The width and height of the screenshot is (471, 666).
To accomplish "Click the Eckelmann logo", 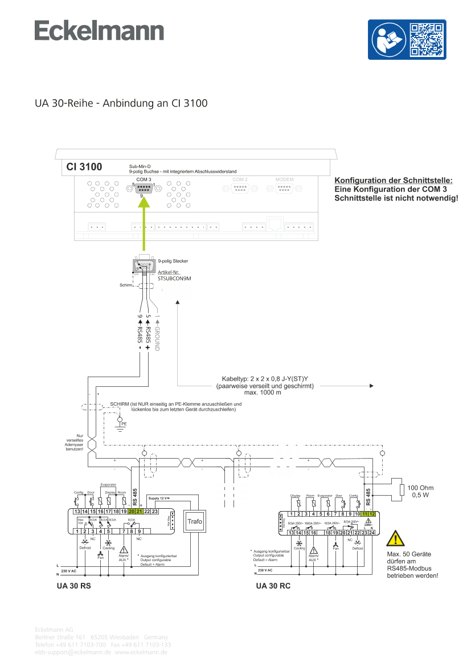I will click(x=100, y=31).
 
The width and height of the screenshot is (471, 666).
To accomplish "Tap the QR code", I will click(x=427, y=39).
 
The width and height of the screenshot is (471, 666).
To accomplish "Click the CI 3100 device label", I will click(x=84, y=167).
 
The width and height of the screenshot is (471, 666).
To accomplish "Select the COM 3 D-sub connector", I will click(x=143, y=189).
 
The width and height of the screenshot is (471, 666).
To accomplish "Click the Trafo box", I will click(x=195, y=521).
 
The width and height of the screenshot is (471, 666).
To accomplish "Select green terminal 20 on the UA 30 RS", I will click(x=131, y=512).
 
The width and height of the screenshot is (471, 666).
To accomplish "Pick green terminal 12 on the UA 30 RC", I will click(x=372, y=514).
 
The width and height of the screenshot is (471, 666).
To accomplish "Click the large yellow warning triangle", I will click(x=395, y=538).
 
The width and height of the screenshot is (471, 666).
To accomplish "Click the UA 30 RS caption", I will click(x=73, y=586).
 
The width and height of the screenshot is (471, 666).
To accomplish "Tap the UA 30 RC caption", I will click(x=273, y=586).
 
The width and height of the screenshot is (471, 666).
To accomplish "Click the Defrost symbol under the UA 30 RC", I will click(x=358, y=545).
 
